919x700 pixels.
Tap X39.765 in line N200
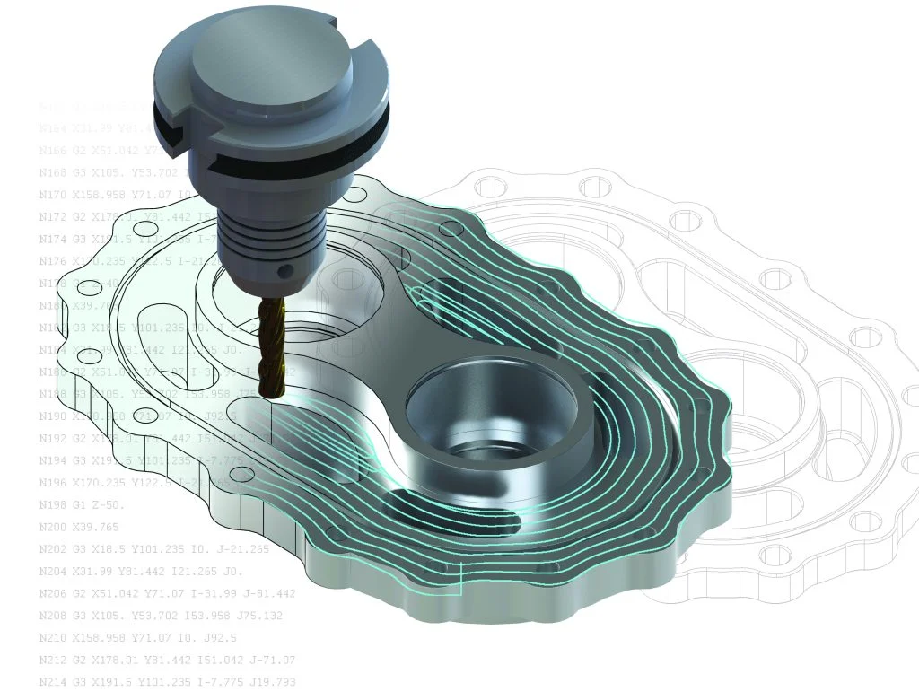107,528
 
